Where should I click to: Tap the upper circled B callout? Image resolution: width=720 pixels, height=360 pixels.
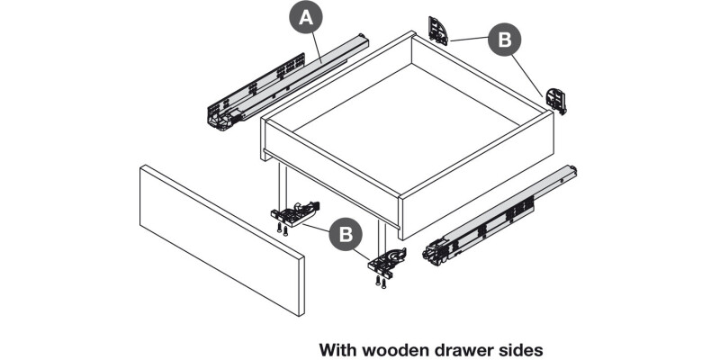click(504, 41)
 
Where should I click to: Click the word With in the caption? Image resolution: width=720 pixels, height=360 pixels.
click(338, 346)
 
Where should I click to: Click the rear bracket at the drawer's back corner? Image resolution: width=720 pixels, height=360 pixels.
click(438, 30)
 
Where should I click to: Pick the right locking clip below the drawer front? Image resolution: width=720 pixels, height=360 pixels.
click(389, 262)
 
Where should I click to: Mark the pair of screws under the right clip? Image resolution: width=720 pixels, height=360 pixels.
click(382, 283)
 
